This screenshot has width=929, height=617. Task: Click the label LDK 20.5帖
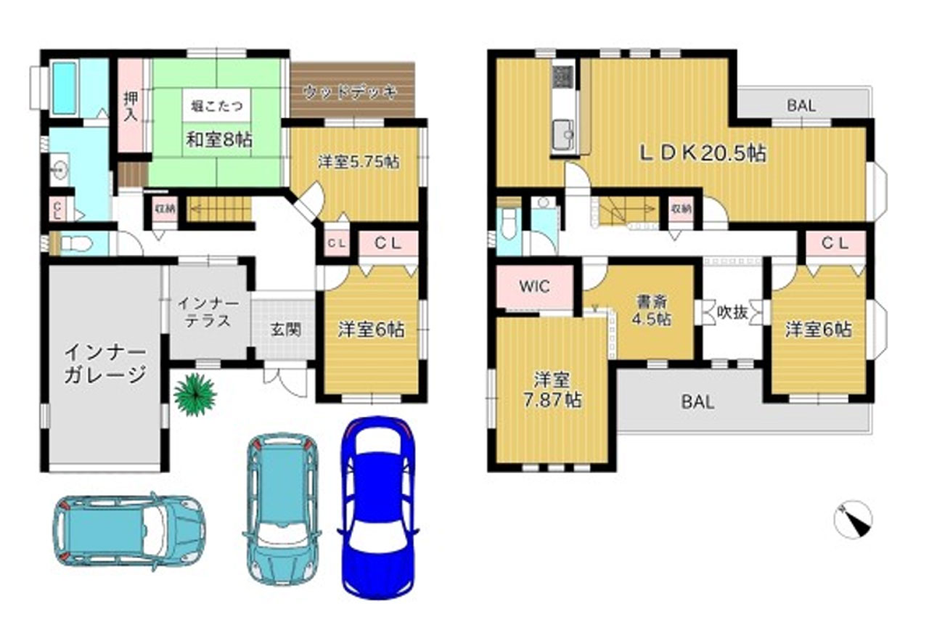point(702,153)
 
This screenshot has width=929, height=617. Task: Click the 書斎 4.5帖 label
point(655,310)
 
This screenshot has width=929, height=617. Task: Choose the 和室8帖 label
point(218,139)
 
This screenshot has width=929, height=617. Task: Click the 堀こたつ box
point(217,107)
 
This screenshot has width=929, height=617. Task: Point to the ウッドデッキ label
point(351,91)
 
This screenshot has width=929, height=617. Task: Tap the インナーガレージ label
point(105,364)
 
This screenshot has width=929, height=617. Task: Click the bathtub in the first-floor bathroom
point(65,87)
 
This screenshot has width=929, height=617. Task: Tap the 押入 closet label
point(131,106)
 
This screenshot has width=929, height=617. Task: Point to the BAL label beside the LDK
point(801,105)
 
